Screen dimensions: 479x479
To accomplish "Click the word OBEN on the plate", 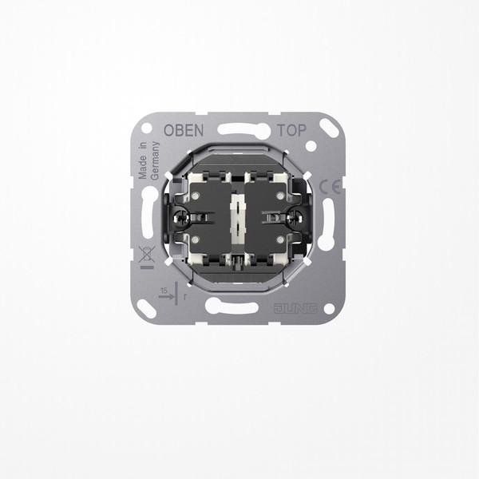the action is click(x=184, y=130).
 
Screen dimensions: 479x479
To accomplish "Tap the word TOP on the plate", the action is click(x=291, y=130).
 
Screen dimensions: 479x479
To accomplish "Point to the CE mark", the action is click(x=330, y=187).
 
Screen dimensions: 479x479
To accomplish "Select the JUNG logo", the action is click(x=295, y=308).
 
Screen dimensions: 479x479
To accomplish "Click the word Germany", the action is click(x=155, y=160).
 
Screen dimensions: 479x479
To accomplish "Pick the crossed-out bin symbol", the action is click(x=147, y=254).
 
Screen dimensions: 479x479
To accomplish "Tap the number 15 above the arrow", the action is click(x=164, y=291).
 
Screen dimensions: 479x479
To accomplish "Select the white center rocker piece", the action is click(x=238, y=219).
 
